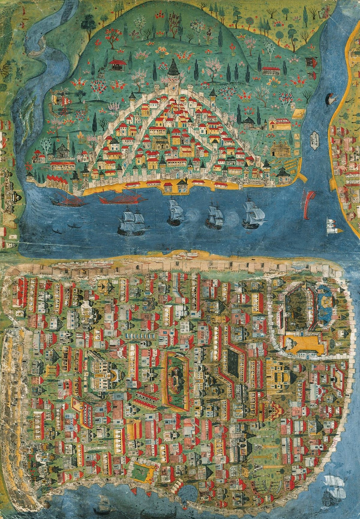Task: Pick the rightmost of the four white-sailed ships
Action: (253, 213)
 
